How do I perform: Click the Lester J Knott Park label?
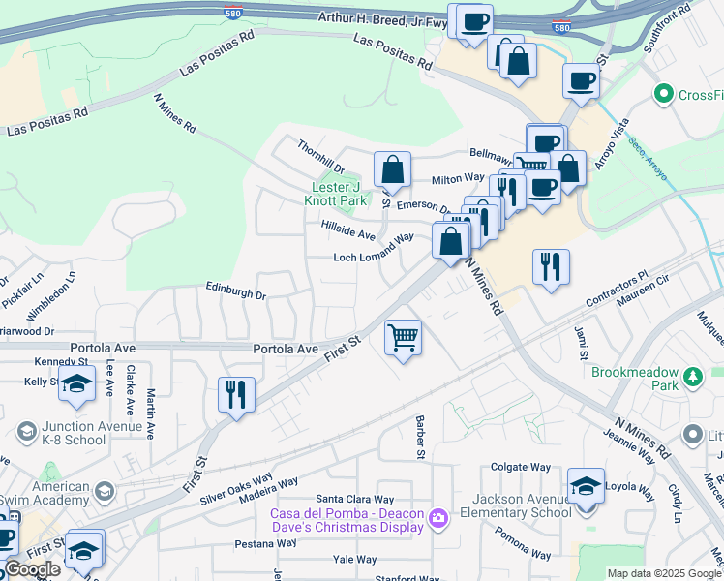point(339,194)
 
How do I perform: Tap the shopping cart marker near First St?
point(403,338)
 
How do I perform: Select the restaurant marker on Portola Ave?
point(236,395)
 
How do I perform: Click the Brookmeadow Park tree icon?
point(692,376)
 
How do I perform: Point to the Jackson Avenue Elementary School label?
point(510,505)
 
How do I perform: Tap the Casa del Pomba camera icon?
point(438,519)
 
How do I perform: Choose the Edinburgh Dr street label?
point(235,290)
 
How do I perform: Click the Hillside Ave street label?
point(347,229)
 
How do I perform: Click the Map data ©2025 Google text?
point(664,572)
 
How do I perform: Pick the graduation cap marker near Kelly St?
point(76,384)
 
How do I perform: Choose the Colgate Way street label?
point(522,466)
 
